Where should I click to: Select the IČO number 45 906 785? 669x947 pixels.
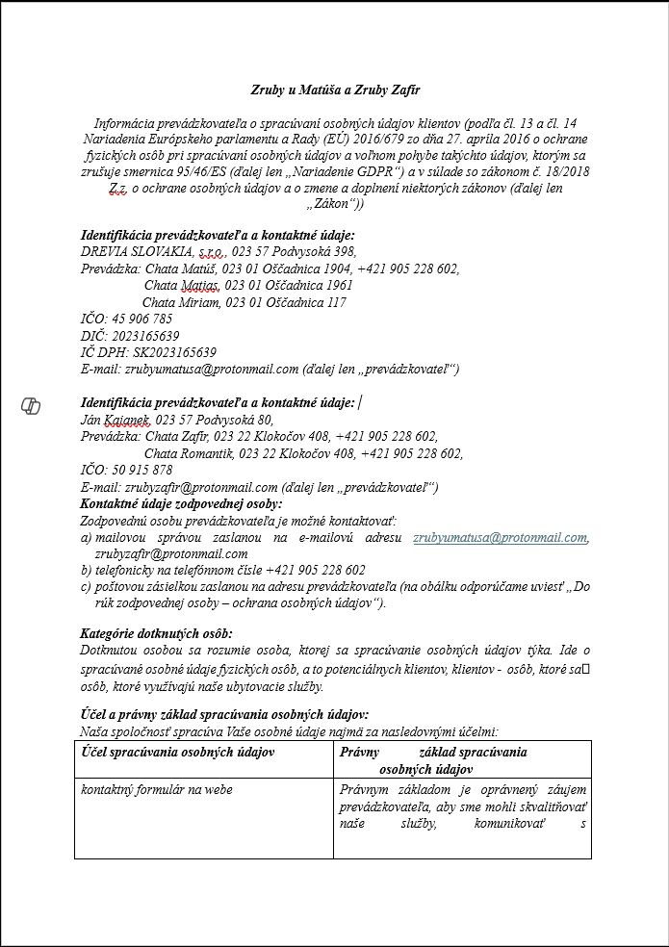click(144, 319)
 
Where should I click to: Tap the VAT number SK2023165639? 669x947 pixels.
click(173, 352)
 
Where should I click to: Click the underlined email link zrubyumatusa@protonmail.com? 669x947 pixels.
click(500, 537)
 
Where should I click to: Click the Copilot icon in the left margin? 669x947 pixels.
click(31, 406)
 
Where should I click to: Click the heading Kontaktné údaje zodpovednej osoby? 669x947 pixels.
click(181, 503)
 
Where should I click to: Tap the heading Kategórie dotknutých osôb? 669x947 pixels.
click(155, 633)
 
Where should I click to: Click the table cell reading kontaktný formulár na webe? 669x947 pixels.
click(157, 790)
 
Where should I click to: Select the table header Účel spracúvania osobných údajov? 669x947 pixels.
click(179, 752)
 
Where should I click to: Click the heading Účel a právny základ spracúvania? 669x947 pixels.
click(223, 714)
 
